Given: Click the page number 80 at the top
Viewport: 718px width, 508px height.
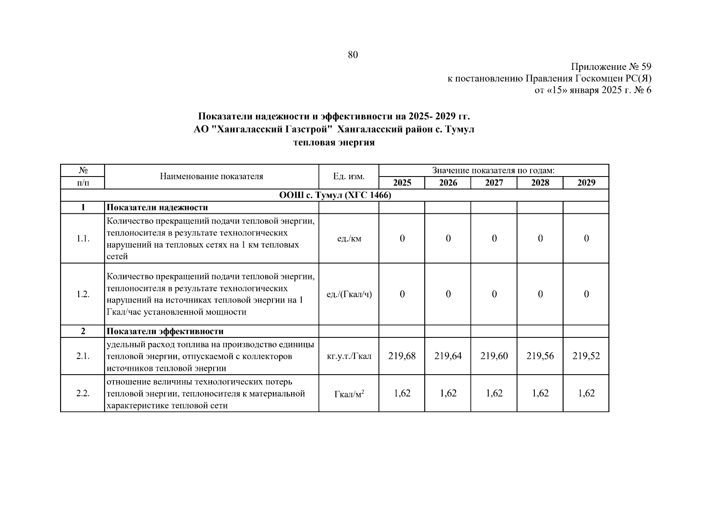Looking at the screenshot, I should click(352, 55).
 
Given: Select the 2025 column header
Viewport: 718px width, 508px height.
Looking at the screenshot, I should click(402, 182).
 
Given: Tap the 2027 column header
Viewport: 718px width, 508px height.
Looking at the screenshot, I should click(494, 182).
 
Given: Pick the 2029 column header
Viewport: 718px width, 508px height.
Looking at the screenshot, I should click(586, 182).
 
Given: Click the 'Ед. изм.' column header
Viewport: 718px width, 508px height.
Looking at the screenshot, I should click(349, 177).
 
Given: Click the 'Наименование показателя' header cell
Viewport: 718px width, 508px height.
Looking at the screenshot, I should click(212, 177).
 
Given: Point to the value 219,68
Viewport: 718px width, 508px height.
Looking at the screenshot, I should click(402, 356).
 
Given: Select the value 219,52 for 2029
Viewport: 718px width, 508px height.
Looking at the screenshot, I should click(586, 356).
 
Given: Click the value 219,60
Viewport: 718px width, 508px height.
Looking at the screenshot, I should click(494, 356).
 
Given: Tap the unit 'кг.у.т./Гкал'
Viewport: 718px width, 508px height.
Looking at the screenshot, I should click(349, 356).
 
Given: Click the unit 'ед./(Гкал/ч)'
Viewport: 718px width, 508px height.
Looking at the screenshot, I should click(349, 294).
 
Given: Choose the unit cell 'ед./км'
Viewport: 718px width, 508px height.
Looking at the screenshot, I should click(349, 238).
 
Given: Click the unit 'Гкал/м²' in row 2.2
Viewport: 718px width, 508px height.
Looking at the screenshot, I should click(349, 394).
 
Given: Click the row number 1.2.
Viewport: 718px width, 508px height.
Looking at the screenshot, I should click(83, 294).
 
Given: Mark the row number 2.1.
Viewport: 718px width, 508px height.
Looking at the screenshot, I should click(83, 356).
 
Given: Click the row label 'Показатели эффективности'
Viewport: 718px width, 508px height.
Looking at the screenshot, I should click(165, 331).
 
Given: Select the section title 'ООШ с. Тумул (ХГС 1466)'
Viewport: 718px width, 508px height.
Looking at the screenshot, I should click(335, 195).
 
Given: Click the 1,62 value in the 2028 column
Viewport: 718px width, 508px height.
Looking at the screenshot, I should click(540, 393).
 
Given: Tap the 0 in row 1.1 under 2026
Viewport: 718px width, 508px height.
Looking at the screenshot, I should click(448, 238).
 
